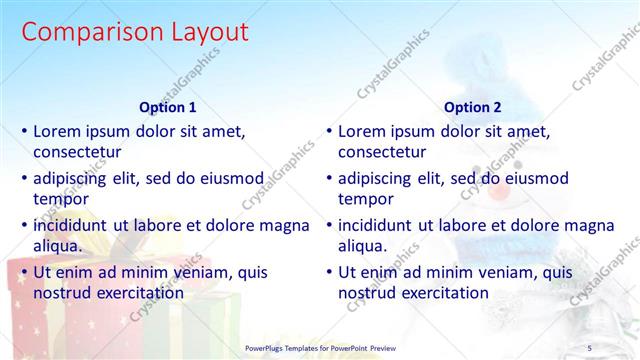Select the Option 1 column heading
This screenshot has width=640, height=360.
point(167,108)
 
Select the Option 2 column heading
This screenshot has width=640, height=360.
point(473,108)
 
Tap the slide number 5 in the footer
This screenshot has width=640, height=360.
point(589,347)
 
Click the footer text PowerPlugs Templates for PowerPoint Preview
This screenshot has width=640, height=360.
point(320,347)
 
